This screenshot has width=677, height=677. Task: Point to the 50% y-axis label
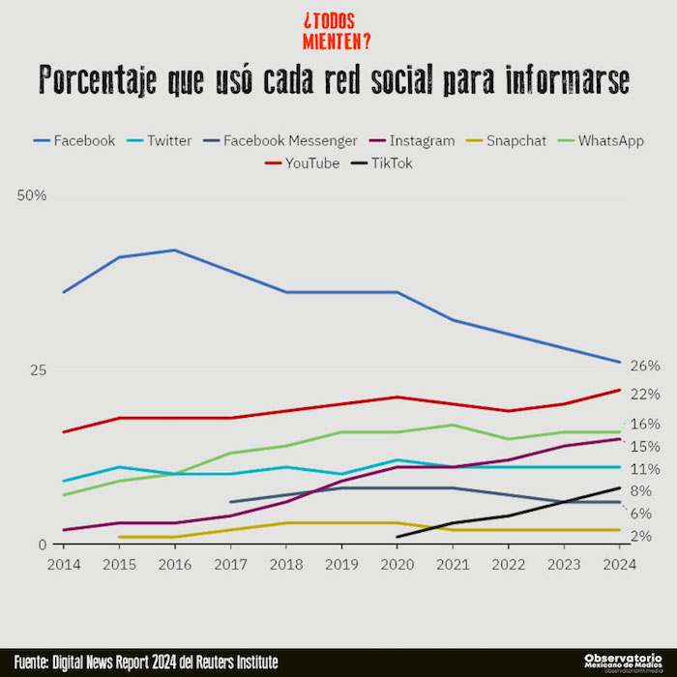coord(32,195)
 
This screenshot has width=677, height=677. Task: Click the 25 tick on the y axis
coord(38,369)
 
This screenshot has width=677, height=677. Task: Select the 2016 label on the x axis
coord(174,564)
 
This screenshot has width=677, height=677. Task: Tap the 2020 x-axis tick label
coord(397,564)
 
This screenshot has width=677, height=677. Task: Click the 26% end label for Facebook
coord(645,366)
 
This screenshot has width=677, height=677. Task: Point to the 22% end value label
coord(645,394)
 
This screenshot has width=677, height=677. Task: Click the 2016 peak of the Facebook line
coord(174,250)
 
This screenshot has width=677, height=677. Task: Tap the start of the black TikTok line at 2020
coord(397,537)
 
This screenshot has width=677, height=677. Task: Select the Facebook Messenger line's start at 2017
coord(230,502)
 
